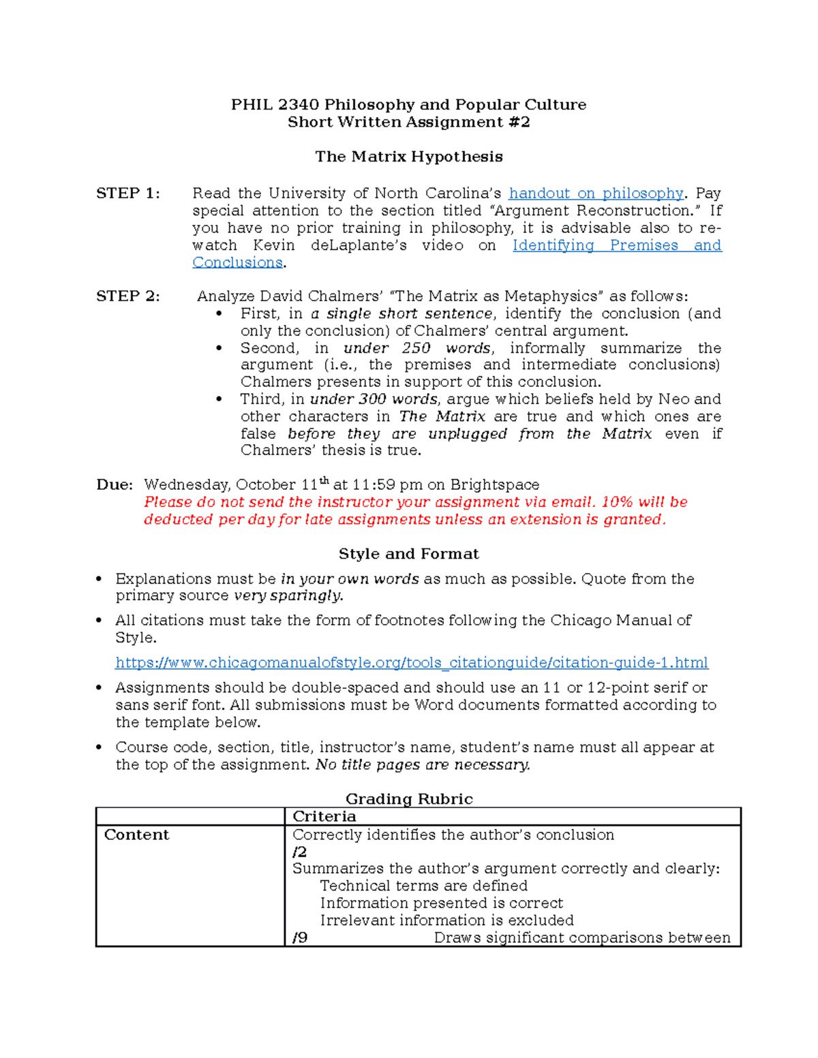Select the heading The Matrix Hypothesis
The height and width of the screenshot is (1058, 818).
click(409, 157)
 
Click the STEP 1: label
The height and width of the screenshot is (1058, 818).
click(128, 193)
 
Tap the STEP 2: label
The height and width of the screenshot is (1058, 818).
click(128, 296)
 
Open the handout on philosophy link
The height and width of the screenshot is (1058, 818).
click(596, 193)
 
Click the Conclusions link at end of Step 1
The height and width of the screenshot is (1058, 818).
click(237, 263)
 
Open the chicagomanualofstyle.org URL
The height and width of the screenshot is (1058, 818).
click(412, 663)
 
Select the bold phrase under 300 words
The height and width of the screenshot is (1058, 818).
click(374, 399)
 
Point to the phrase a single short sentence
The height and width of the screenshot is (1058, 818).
click(402, 314)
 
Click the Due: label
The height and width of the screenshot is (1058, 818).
click(115, 485)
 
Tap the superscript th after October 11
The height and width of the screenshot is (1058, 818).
click(324, 481)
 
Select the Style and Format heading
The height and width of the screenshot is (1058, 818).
click(409, 554)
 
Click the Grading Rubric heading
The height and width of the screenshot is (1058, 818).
click(409, 799)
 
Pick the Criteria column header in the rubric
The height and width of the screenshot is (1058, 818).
click(324, 817)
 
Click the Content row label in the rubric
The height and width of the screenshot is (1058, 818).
click(136, 835)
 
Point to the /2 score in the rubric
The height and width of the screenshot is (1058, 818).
click(299, 852)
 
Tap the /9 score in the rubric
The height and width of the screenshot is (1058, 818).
click(299, 938)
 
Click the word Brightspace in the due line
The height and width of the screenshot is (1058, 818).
click(495, 485)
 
